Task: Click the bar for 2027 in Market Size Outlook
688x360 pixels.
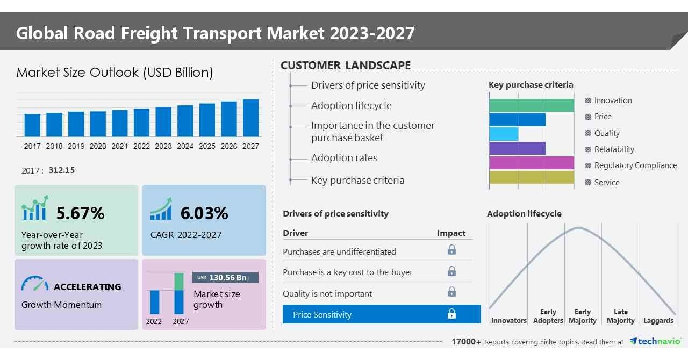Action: pos(250,118)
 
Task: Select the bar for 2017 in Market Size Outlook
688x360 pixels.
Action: pos(32,125)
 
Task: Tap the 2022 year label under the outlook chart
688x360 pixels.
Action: pos(141,146)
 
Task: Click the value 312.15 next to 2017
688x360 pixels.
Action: pos(62,170)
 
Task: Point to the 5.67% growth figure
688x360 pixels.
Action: pos(81,213)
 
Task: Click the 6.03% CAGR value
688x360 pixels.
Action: pos(204,213)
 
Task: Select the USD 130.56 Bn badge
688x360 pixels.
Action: pos(225,277)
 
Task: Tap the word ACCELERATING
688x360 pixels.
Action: pos(88,287)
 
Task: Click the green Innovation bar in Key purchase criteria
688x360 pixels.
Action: pos(531,105)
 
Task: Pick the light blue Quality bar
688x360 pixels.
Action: pos(504,134)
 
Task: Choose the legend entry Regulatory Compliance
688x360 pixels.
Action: pos(635,165)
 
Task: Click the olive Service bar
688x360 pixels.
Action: pos(531,177)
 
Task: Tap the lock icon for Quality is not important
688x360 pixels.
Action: pos(451,292)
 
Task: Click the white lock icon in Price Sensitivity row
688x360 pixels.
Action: pos(451,314)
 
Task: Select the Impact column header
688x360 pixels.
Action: pos(451,233)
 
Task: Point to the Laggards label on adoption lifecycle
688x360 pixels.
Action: pos(658,321)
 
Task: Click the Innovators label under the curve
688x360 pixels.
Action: pos(508,321)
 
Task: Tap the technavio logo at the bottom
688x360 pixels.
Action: pos(655,342)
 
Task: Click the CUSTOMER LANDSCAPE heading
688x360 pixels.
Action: pos(346,66)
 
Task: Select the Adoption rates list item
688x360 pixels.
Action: pos(344,158)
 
